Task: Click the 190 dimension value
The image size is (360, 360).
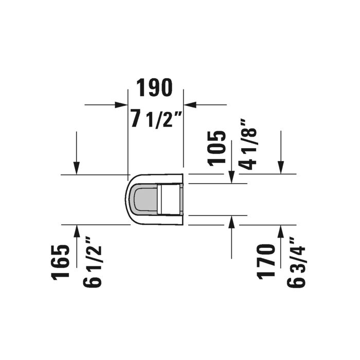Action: pos(154,87)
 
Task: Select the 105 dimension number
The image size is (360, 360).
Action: pos(217,148)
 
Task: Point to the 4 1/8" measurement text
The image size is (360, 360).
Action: pos(247,145)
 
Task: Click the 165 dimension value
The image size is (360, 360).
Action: pos(61,262)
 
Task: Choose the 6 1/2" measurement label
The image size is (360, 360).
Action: pos(92,262)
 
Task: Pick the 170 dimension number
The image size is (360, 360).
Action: pos(266,261)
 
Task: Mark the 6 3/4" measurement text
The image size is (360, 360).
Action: pos(296,262)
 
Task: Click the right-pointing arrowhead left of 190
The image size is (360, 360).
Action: pos(121,105)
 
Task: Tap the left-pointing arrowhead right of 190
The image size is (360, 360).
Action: pos(190,105)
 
